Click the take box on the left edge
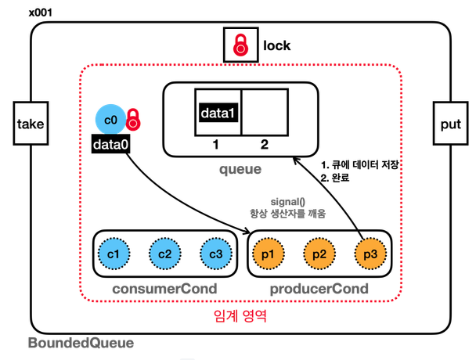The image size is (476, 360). [31, 123]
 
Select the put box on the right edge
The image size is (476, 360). [450, 123]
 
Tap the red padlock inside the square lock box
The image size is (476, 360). [240, 45]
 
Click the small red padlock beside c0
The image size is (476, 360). [133, 120]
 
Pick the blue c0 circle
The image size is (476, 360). [110, 120]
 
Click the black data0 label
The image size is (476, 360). [111, 145]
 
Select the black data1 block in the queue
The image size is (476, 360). [218, 113]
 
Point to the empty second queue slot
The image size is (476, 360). [265, 112]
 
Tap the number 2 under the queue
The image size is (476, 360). [265, 145]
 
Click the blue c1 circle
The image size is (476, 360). [114, 254]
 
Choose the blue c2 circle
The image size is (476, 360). [165, 254]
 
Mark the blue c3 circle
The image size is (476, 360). [216, 254]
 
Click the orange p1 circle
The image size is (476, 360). [268, 254]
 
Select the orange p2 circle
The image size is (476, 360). [319, 254]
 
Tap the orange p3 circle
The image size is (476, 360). [370, 254]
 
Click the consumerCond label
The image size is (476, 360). [164, 289]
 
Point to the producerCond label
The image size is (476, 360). [319, 289]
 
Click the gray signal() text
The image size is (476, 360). [288, 202]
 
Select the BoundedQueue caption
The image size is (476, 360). [81, 343]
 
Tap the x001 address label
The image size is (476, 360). [41, 13]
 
